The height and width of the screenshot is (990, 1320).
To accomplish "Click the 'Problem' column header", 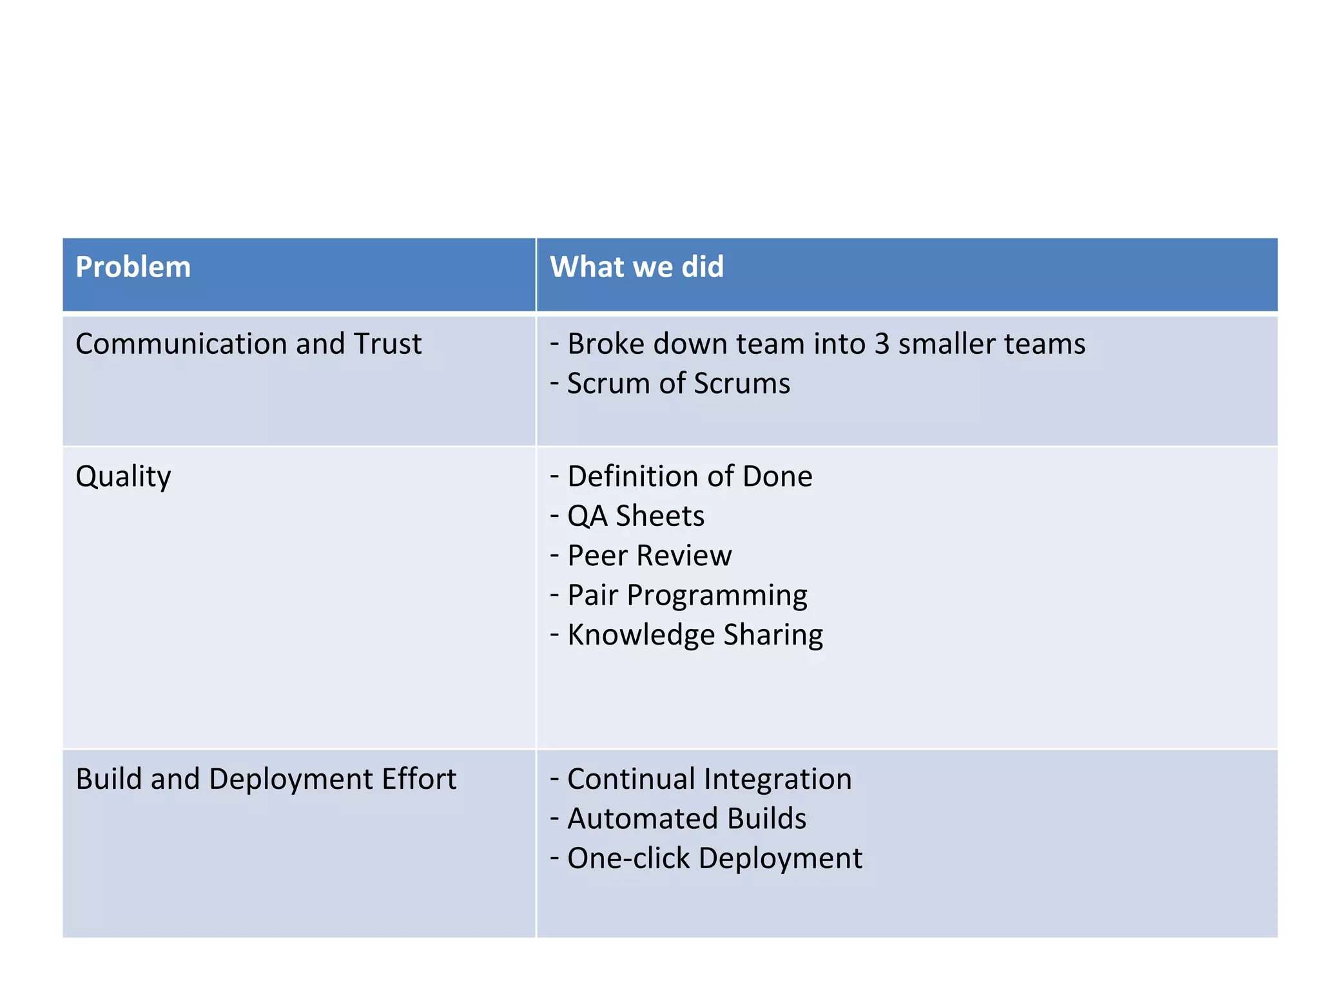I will coord(133,267).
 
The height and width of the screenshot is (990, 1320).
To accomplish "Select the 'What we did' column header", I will coord(637,267).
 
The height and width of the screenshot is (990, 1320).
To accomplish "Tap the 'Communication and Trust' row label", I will coord(248,344).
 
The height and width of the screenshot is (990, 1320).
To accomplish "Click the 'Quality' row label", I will coord(123,477).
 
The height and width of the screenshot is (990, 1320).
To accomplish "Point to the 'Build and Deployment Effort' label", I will coord(266,779).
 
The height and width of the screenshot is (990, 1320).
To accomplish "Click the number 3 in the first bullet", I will coord(882,344).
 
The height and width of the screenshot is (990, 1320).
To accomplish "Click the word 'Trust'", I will coord(387,344).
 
